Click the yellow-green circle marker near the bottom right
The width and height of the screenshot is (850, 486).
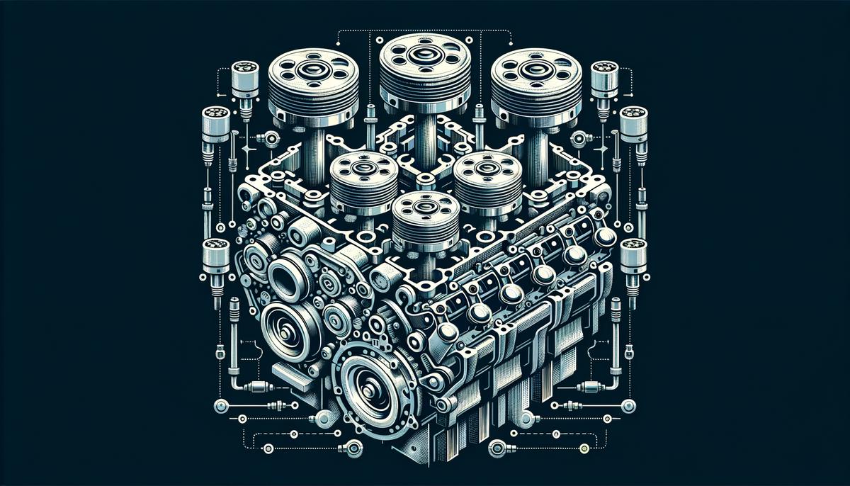tap(584, 448)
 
